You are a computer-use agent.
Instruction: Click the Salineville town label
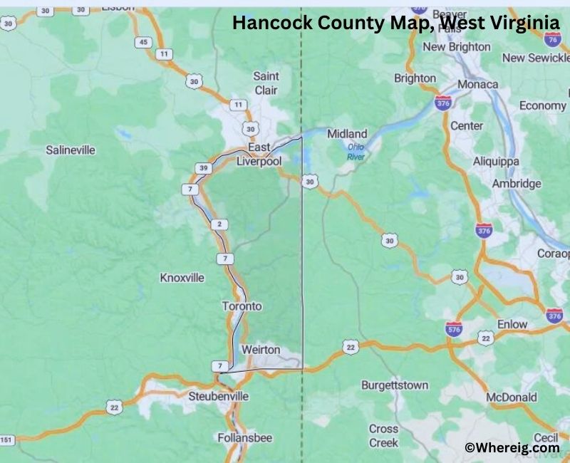click(70, 150)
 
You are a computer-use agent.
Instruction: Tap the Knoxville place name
click(182, 277)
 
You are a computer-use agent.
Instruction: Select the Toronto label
click(242, 306)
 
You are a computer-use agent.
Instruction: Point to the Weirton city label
click(261, 350)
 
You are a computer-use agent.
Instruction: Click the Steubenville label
click(218, 395)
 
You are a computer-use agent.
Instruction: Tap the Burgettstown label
click(395, 385)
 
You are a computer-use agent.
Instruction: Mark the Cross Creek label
click(383, 436)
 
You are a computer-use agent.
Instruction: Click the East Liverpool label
click(259, 155)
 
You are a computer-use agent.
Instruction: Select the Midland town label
click(347, 134)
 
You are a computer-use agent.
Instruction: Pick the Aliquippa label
click(496, 162)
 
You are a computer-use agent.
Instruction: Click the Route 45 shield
click(145, 42)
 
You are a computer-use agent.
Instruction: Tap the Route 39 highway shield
click(202, 168)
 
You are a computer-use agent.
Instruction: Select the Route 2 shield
click(219, 225)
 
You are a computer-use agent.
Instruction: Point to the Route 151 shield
click(6, 439)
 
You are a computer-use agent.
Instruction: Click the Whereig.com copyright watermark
click(512, 448)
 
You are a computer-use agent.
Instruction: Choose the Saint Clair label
click(266, 83)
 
